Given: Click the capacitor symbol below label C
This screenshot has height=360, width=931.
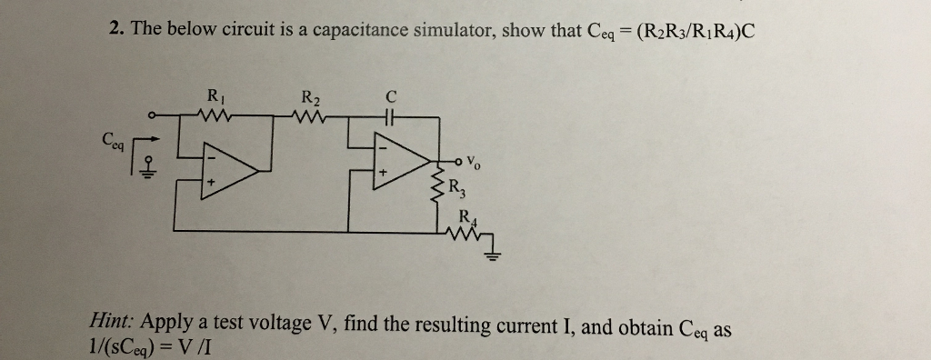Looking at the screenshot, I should click(x=391, y=115).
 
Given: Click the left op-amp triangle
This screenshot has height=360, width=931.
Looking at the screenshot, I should click(x=227, y=165).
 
